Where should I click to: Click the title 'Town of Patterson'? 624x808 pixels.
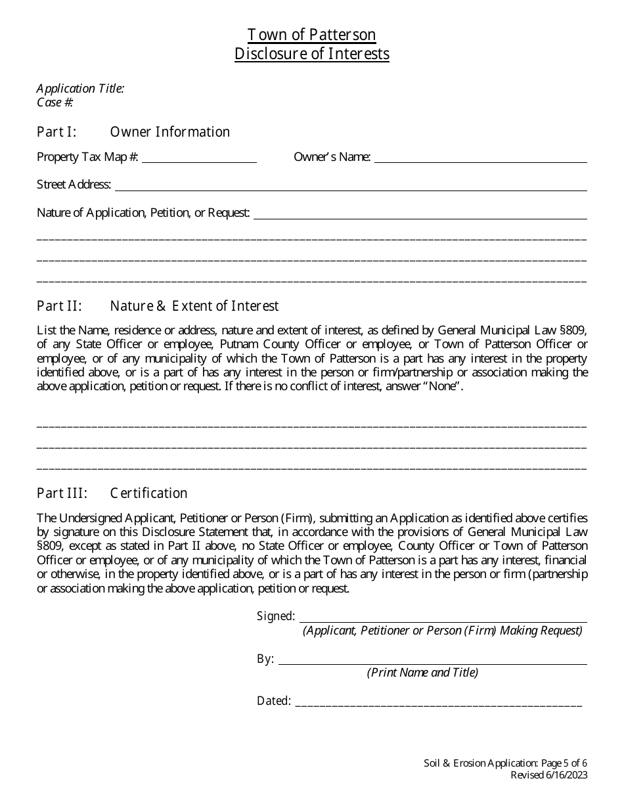(312, 35)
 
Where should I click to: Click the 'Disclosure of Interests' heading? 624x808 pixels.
(312, 54)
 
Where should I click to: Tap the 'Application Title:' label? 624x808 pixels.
(80, 89)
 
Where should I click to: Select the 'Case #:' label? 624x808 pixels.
(55, 102)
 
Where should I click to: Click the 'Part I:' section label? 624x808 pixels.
(56, 132)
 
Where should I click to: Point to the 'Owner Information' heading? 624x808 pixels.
(170, 132)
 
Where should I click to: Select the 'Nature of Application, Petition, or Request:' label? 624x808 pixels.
(143, 213)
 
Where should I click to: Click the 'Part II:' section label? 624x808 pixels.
(59, 306)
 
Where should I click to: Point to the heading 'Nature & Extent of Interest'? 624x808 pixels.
(194, 306)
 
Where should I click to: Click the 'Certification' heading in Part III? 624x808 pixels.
(149, 493)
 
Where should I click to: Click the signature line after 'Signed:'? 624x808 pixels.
(443, 617)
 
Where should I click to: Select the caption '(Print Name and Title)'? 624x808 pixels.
(422, 673)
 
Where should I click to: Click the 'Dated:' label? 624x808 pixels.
(274, 702)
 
